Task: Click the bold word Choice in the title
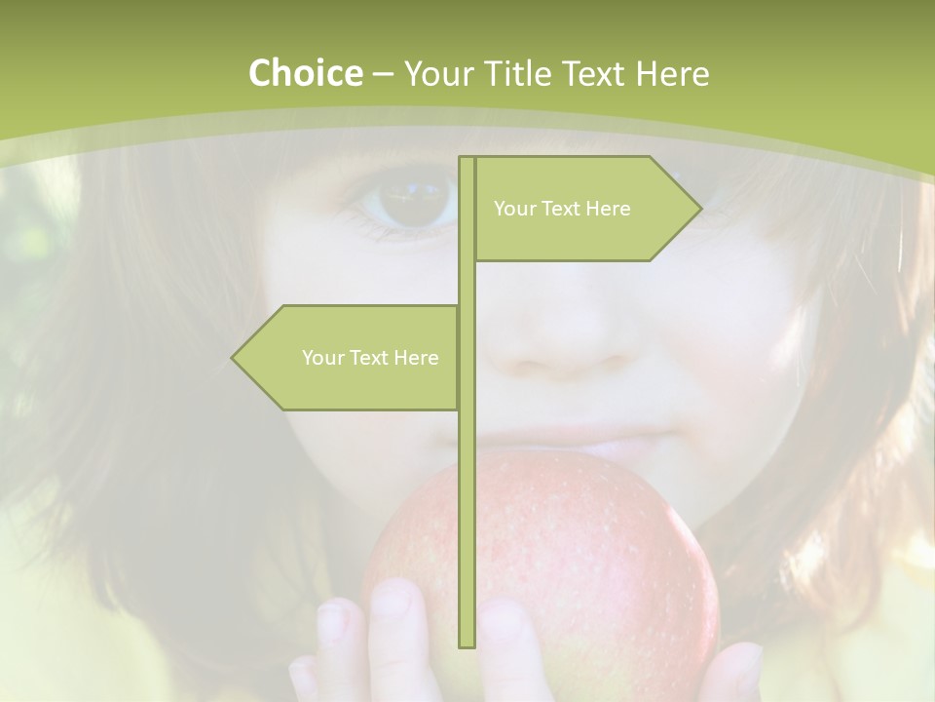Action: pos(305,73)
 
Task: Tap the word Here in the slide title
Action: pos(672,73)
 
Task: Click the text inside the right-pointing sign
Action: pos(562,209)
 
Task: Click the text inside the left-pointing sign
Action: pos(370,358)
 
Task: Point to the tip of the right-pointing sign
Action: pos(699,208)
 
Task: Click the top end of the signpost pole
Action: pos(467,159)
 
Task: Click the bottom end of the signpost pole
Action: pos(467,644)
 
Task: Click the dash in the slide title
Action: pos(383,73)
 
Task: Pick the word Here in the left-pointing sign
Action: pos(416,358)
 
